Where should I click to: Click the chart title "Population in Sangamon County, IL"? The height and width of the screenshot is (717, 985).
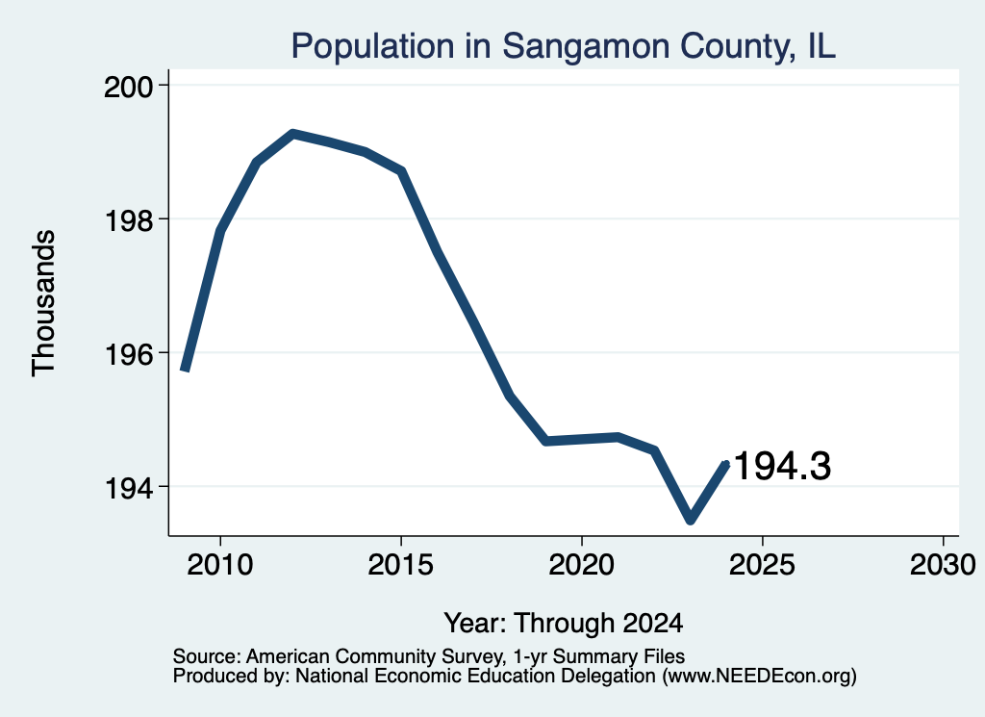[563, 47]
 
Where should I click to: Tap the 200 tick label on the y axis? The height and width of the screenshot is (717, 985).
[129, 87]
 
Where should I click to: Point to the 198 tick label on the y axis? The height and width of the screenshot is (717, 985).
[129, 220]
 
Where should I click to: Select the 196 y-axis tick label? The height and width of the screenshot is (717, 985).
[129, 354]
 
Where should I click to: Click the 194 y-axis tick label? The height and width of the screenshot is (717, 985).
[129, 488]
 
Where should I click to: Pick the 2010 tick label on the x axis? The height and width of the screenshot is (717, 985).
[220, 565]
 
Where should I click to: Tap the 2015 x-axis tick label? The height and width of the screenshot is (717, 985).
[401, 565]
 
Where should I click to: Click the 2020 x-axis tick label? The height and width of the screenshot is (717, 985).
[582, 565]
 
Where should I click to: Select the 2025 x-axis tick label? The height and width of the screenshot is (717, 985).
[762, 565]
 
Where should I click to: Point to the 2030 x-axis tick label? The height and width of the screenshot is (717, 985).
[943, 565]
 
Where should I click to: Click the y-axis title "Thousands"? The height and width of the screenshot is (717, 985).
[44, 303]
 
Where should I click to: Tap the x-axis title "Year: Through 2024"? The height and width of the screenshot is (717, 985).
[564, 624]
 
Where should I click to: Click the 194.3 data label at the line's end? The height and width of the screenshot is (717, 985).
[782, 466]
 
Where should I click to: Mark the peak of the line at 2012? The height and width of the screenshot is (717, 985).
[292, 133]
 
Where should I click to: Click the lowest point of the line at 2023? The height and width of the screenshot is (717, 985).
[691, 520]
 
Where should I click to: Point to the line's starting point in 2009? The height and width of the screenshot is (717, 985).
[184, 370]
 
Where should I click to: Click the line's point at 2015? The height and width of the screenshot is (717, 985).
[401, 170]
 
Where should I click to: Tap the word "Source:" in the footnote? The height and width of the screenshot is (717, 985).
[207, 656]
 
